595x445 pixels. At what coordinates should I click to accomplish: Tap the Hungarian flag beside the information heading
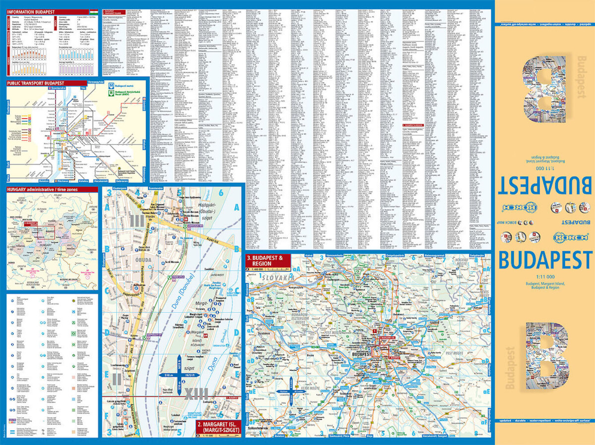92,10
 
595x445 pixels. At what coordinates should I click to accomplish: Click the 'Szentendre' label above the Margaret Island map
156,189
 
